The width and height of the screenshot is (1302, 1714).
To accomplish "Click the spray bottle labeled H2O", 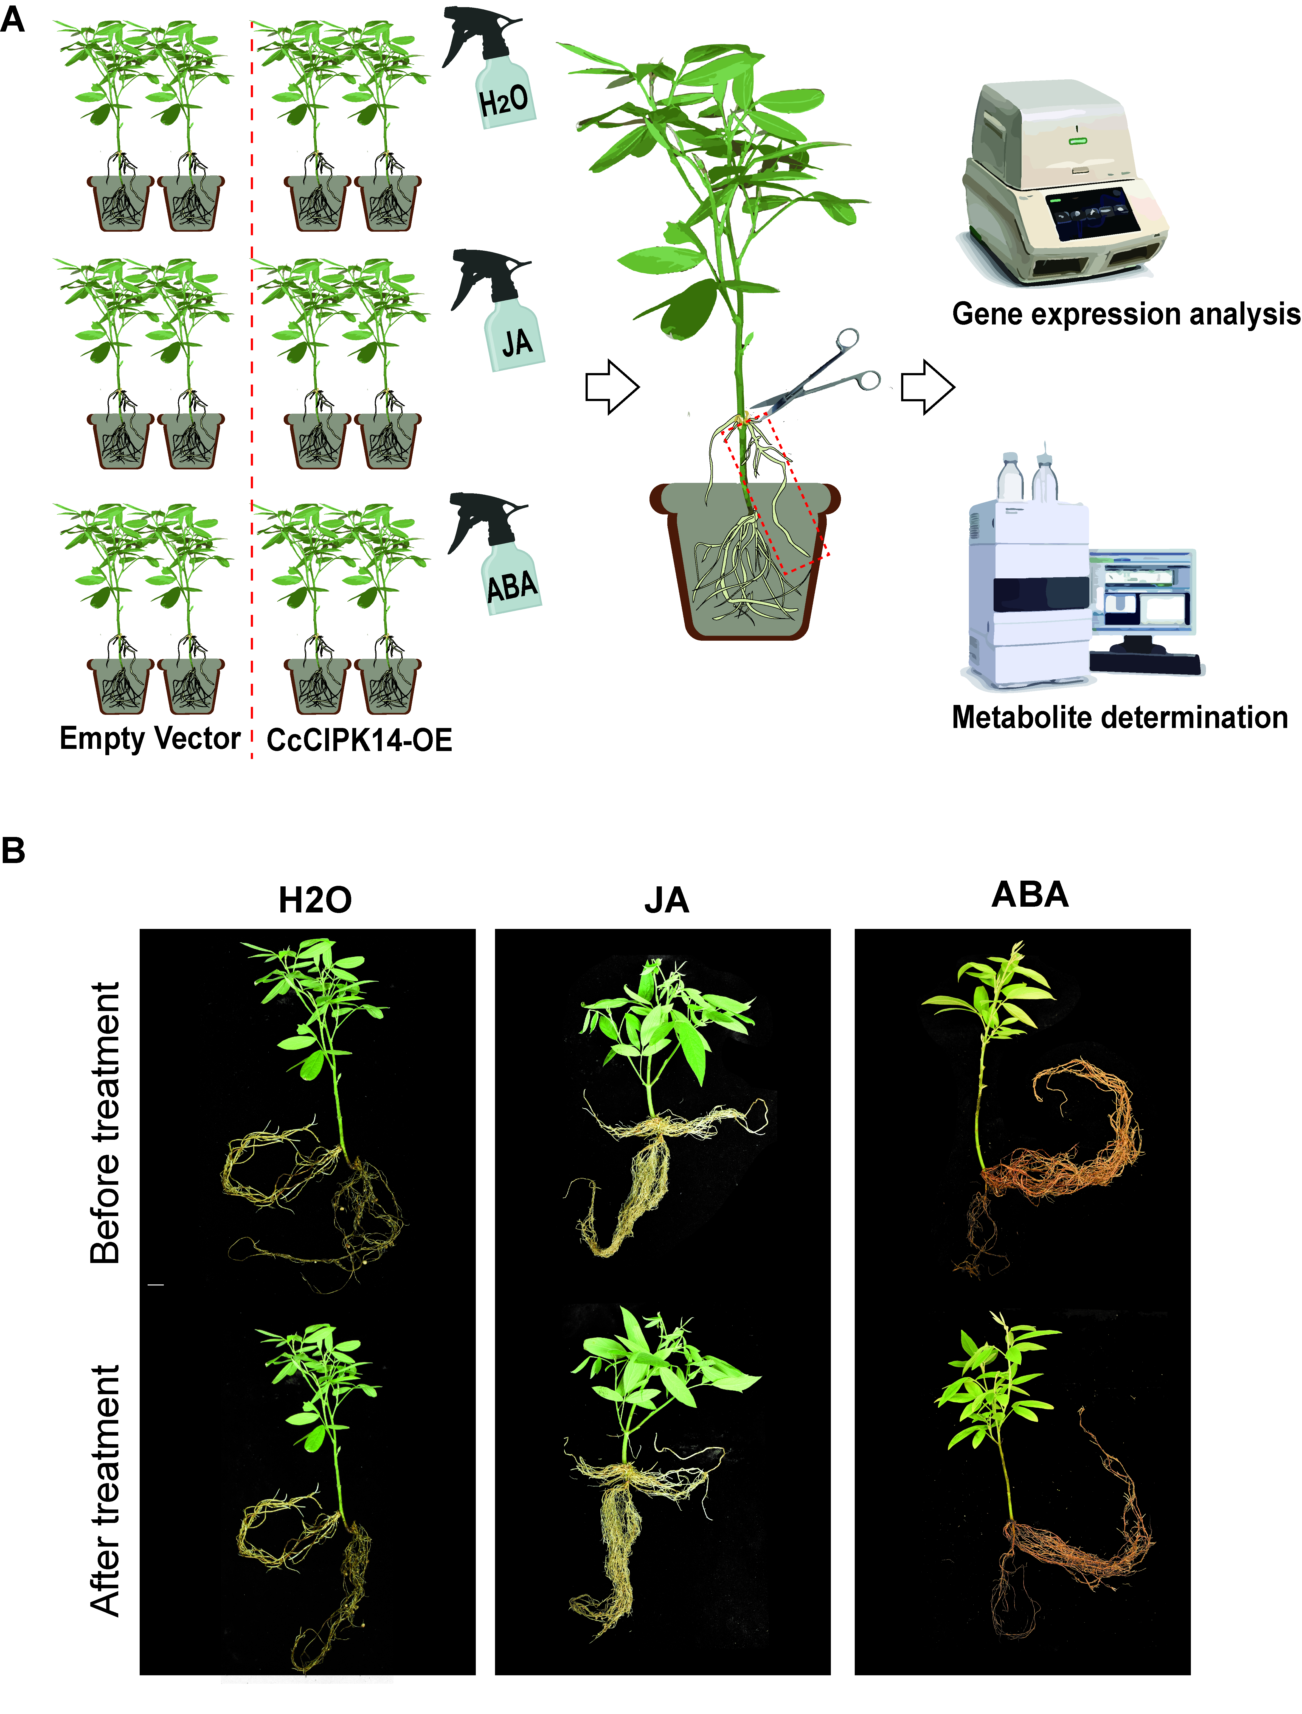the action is pos(496,77).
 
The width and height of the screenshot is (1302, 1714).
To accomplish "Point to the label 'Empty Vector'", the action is pos(150,738).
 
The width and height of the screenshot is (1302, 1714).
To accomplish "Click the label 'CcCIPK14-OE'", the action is pos(359,740).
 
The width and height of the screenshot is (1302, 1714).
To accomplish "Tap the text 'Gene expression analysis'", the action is pos(1125,314).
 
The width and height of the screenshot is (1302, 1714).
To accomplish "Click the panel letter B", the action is pos(13,850).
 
